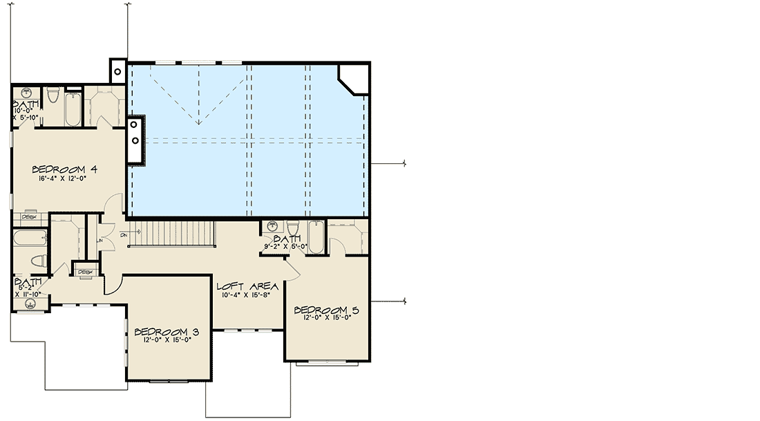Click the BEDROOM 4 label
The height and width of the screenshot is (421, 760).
(x=64, y=169)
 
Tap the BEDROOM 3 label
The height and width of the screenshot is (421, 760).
(x=164, y=330)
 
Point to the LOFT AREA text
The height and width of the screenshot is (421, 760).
(x=247, y=286)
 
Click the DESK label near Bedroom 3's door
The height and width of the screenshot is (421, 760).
(x=86, y=272)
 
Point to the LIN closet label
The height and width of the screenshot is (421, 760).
(x=100, y=240)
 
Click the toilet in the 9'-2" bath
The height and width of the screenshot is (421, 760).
(x=293, y=229)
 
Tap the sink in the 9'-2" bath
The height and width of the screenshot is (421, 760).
(x=272, y=226)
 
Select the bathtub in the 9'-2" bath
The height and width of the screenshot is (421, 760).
(x=315, y=236)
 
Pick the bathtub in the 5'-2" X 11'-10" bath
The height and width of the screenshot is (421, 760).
(x=29, y=238)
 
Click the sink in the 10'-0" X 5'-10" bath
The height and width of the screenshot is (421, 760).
(x=26, y=93)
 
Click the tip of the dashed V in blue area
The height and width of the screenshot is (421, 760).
(x=199, y=125)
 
